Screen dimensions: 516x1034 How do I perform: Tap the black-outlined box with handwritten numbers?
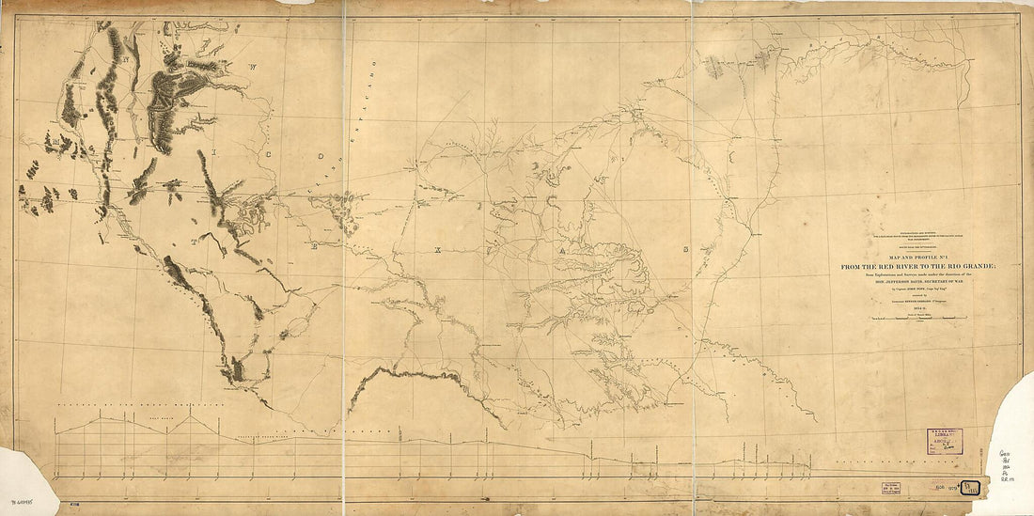tap(975, 486)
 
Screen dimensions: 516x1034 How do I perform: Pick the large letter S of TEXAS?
tap(687, 250)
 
